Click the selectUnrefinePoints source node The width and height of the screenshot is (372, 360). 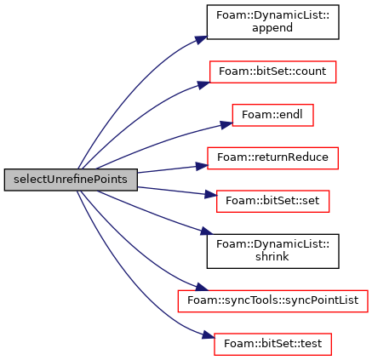[x=71, y=180]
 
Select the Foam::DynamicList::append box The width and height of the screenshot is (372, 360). [x=272, y=22]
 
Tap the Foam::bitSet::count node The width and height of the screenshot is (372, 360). [x=272, y=71]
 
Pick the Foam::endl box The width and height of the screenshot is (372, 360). [x=272, y=115]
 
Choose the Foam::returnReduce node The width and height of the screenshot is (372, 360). [x=272, y=158]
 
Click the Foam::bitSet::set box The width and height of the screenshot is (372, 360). [x=272, y=201]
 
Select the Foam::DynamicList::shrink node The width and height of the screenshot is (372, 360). [x=272, y=251]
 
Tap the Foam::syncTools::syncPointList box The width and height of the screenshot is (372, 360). [x=272, y=301]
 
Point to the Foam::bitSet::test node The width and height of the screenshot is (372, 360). [x=272, y=344]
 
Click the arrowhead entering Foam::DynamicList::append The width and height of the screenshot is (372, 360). [x=201, y=39]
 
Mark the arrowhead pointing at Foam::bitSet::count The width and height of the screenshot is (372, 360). [x=203, y=85]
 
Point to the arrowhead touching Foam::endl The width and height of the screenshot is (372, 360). [x=226, y=125]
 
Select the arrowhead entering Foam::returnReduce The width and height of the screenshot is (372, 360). [x=202, y=166]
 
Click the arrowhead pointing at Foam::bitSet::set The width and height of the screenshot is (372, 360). [x=210, y=195]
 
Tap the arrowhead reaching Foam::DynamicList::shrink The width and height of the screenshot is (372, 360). [x=207, y=231]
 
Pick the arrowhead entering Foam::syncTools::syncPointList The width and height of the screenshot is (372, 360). [x=202, y=287]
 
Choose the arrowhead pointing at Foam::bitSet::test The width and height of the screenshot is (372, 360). [x=208, y=335]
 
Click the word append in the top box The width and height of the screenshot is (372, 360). [x=272, y=28]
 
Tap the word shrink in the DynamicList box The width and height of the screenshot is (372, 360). [x=272, y=256]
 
